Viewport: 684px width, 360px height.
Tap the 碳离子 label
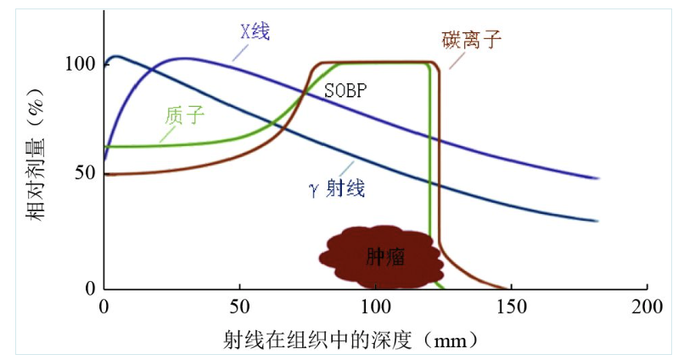click(472, 38)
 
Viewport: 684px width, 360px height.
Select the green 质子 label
click(185, 115)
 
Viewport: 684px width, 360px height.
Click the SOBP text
click(345, 89)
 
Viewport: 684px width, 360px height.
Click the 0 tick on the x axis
click(104, 306)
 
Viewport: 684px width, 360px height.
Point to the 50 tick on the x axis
click(240, 306)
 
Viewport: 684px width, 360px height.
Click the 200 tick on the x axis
click(647, 306)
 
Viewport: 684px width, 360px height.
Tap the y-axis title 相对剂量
click(36, 174)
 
